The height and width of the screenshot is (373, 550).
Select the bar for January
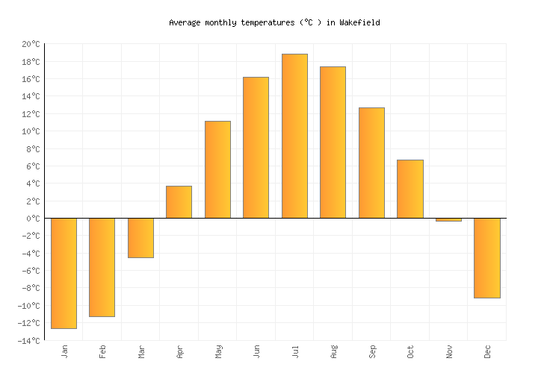pos(64,273)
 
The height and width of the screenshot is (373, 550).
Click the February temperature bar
pos(102,267)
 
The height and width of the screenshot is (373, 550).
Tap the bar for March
pos(140,238)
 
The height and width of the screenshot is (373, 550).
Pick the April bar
pos(179,202)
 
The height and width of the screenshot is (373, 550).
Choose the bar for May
pos(217,169)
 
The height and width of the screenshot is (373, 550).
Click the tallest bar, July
pos(294,136)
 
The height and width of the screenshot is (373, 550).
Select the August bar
pos(333,142)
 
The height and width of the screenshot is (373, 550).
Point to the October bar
pos(410,189)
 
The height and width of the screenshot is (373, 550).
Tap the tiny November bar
pos(448,220)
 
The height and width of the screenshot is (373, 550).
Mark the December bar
pos(487,258)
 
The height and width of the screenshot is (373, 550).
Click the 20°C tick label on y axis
pos(30,45)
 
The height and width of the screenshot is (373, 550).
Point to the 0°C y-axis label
pos(33,219)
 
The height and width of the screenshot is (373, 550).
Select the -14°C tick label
pos(28,341)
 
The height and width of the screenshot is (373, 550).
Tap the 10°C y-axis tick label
pos(30,132)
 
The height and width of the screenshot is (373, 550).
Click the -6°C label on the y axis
pos(31,271)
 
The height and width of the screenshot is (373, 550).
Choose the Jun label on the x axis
pos(256,351)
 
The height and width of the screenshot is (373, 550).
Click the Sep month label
pos(372,351)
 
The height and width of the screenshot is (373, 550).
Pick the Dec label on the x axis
pos(487,351)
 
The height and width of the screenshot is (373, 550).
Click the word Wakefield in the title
pos(359,22)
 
